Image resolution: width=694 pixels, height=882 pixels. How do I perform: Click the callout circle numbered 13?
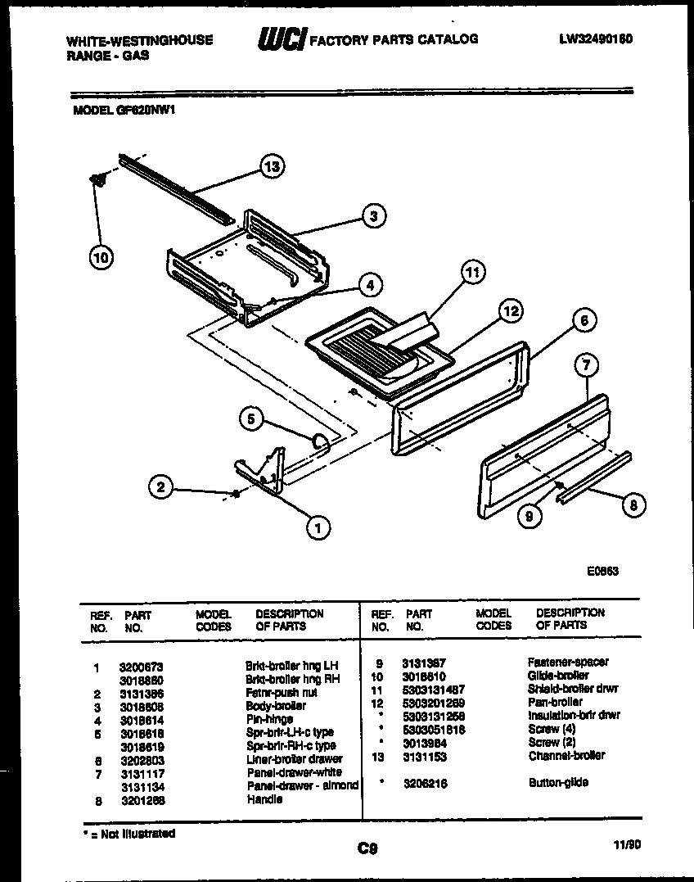click(x=273, y=166)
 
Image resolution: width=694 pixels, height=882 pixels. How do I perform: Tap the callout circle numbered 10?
click(x=101, y=257)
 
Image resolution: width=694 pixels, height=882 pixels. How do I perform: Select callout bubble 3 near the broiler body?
click(x=374, y=216)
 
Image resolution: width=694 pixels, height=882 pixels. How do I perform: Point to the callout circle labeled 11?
click(x=472, y=273)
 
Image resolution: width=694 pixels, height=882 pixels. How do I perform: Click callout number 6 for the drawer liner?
click(x=584, y=321)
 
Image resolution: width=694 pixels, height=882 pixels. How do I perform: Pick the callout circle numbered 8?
click(x=633, y=505)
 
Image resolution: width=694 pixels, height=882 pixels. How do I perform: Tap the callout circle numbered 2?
click(x=161, y=487)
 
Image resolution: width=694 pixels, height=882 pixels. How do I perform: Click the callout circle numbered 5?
click(x=252, y=419)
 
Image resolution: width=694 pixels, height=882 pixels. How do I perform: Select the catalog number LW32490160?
click(x=596, y=38)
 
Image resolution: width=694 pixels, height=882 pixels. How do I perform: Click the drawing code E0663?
click(x=602, y=572)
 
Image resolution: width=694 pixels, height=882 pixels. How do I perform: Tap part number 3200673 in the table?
click(x=141, y=666)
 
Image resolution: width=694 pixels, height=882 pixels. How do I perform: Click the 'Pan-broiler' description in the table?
click(x=555, y=702)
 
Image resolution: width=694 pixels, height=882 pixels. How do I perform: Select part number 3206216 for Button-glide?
click(x=424, y=783)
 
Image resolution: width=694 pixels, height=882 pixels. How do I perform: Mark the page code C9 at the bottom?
click(x=367, y=848)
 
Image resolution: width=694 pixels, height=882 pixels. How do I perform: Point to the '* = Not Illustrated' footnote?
click(x=128, y=834)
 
